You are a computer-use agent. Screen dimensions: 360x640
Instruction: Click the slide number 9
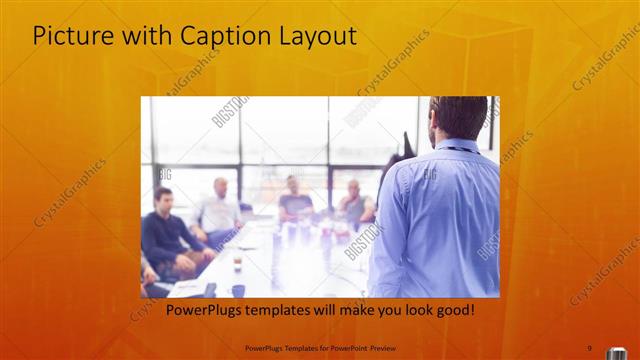[x=589, y=347]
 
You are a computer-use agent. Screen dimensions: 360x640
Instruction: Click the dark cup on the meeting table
[x=238, y=290]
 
